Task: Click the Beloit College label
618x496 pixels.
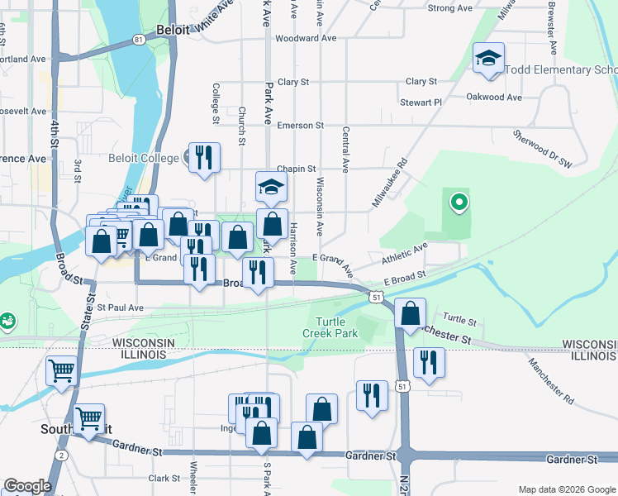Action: click(144, 158)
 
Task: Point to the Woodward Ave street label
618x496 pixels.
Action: click(307, 38)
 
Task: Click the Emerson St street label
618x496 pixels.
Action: click(300, 126)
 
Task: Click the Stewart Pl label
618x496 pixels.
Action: click(421, 103)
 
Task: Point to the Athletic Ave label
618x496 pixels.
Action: click(404, 253)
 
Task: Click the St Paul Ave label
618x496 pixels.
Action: click(121, 308)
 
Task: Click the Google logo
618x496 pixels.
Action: click(27, 486)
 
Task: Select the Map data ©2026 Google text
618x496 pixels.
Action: click(566, 489)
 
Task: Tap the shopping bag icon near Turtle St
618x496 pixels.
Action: click(411, 313)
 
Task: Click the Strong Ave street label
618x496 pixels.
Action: click(450, 8)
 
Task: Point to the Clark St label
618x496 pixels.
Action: click(164, 479)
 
